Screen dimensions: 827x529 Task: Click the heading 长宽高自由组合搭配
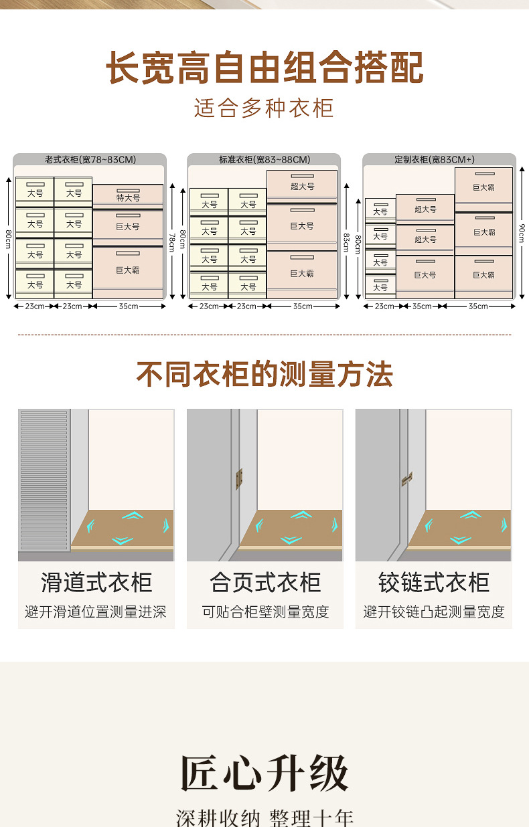[264, 68]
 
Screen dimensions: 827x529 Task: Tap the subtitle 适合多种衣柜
[264, 108]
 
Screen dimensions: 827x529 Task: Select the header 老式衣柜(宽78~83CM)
[90, 160]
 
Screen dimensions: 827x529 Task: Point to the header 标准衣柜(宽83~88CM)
[264, 160]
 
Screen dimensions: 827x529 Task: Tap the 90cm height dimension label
[521, 233]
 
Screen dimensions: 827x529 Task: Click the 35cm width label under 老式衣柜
[128, 306]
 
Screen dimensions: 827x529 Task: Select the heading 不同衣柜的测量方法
[264, 374]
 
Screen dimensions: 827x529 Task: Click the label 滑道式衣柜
[96, 582]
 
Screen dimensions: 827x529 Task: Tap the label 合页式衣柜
[265, 582]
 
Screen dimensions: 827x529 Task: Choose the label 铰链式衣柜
[433, 582]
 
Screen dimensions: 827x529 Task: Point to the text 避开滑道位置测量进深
[96, 612]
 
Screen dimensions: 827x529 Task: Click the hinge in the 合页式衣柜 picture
[239, 478]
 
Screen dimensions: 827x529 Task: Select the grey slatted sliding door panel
[44, 479]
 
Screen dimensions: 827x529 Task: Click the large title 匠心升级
[264, 773]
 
